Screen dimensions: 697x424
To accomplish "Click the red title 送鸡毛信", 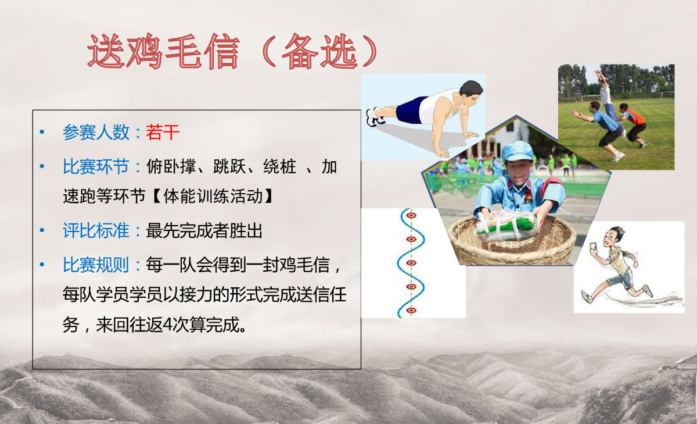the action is point(164,51).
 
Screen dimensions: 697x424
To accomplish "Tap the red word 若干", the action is point(163,132).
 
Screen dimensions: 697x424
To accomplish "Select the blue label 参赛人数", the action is point(96,132).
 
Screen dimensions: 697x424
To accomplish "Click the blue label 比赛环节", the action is point(96,166).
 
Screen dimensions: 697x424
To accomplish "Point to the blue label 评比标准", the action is point(96,230).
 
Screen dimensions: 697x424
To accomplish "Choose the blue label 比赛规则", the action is point(96,265).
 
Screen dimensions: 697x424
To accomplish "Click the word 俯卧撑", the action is point(171,166).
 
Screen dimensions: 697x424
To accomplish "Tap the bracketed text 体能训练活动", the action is point(213,196).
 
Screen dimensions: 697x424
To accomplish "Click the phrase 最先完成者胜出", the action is point(204,230).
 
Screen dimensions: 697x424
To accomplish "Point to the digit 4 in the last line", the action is point(167,325).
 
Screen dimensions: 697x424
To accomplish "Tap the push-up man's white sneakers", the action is point(375,117).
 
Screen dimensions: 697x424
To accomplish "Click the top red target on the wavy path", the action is point(411,216).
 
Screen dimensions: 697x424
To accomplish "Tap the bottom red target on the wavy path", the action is point(411,310).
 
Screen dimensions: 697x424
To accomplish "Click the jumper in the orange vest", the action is point(634,124).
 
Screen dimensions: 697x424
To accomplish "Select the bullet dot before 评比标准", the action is point(42,230).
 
